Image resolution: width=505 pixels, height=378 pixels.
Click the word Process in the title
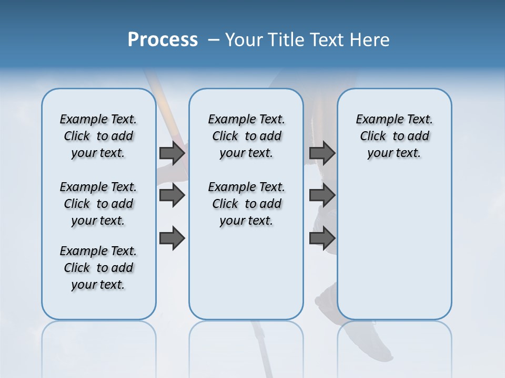[163, 40]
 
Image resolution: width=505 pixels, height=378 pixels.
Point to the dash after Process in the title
[214, 40]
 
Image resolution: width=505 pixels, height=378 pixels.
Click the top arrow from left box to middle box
[172, 153]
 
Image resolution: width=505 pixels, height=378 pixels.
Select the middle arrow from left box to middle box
[172, 195]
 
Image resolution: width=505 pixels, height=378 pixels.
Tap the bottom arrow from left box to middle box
[172, 238]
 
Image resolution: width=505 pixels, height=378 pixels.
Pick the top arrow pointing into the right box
[322, 153]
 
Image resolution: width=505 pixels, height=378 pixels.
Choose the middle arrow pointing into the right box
[322, 195]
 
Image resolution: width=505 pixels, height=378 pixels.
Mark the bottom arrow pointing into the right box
[322, 238]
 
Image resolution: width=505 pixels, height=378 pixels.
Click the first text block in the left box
[98, 136]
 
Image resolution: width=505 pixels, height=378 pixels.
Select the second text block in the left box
[98, 204]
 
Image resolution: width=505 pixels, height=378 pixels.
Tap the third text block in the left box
[98, 268]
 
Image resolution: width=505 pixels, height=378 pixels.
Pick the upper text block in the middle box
[246, 136]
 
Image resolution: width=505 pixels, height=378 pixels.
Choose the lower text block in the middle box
[246, 204]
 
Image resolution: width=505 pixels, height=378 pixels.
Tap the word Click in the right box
[373, 136]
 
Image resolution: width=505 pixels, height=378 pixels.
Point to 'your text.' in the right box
[394, 153]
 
